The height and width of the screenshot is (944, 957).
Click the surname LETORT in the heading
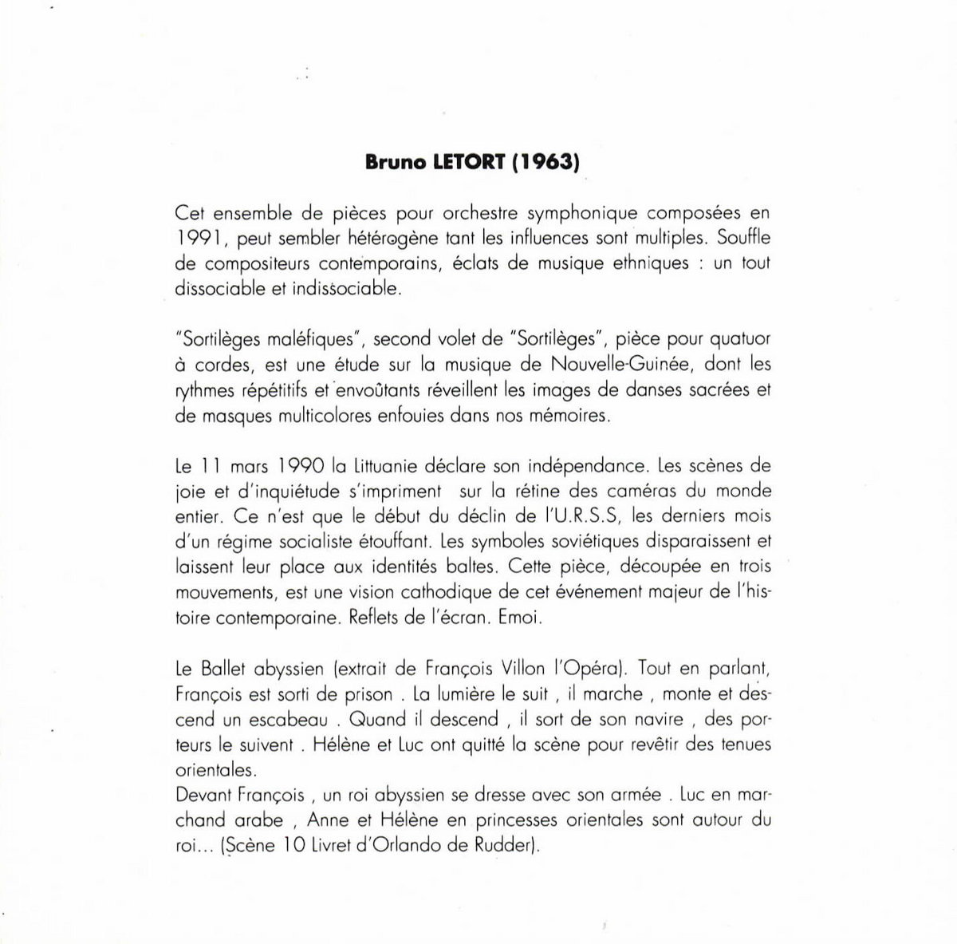(x=461, y=162)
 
